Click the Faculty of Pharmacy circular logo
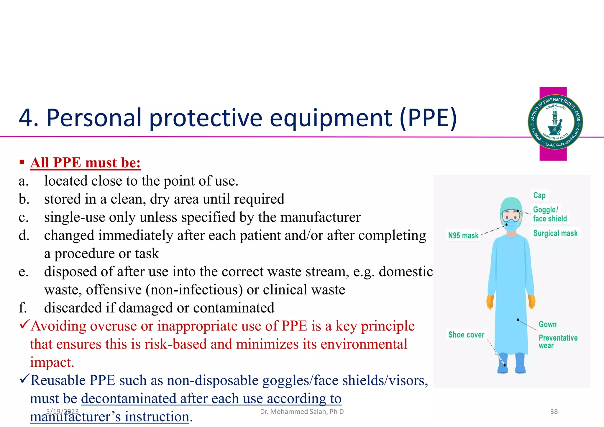coord(555,122)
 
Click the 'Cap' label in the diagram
coord(539,195)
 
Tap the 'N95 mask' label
coord(463,235)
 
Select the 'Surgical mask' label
coord(555,233)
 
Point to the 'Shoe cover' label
coord(466,335)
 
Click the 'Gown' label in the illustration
coord(548,324)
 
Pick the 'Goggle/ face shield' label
coord(550,214)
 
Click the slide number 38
coord(554,412)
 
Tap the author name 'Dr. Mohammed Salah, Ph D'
coord(302,412)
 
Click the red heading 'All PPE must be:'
coord(85,163)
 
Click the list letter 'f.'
coord(23,308)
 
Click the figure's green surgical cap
coord(512,204)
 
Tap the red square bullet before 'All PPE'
coord(22,162)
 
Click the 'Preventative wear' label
coord(558,342)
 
